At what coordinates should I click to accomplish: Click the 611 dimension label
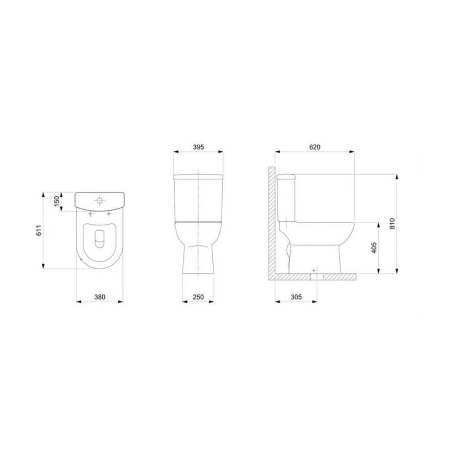[39, 230]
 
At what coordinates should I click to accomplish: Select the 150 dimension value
[56, 201]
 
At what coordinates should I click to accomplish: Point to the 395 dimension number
[198, 147]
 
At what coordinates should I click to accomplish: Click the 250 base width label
[198, 297]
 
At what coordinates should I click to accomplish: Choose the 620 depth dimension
[315, 147]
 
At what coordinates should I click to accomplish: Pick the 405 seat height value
[373, 248]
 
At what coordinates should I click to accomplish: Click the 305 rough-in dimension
[296, 297]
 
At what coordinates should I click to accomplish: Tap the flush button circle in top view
[99, 199]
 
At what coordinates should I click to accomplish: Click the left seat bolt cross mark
[91, 214]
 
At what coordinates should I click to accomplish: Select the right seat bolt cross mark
[108, 214]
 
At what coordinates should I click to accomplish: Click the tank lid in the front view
[198, 175]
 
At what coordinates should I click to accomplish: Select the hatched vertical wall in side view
[272, 221]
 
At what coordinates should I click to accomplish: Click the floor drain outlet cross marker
[314, 270]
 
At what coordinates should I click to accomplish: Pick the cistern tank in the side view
[286, 198]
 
